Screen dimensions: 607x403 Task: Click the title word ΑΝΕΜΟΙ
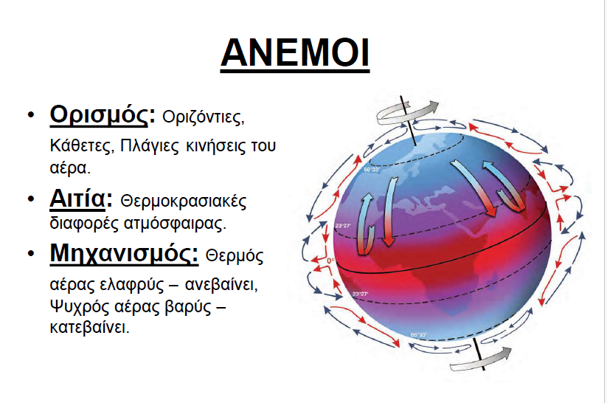click(295, 52)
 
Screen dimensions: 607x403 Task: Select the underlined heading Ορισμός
click(99, 115)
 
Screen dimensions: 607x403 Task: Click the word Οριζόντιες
click(204, 117)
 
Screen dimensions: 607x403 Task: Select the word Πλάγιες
click(150, 146)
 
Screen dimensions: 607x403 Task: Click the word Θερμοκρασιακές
click(184, 201)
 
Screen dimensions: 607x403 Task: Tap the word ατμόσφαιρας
click(175, 224)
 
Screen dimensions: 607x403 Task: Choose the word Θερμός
click(235, 256)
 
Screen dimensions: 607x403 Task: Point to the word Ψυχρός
click(80, 307)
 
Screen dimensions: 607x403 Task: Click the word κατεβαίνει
click(89, 328)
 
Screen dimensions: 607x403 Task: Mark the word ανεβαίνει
click(221, 285)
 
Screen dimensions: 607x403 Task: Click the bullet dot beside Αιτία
click(30, 199)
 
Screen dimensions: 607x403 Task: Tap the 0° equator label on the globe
click(330, 261)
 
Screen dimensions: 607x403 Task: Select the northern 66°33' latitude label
click(372, 170)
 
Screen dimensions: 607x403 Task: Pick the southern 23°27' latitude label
click(360, 294)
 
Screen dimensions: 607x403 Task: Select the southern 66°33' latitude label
click(418, 335)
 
